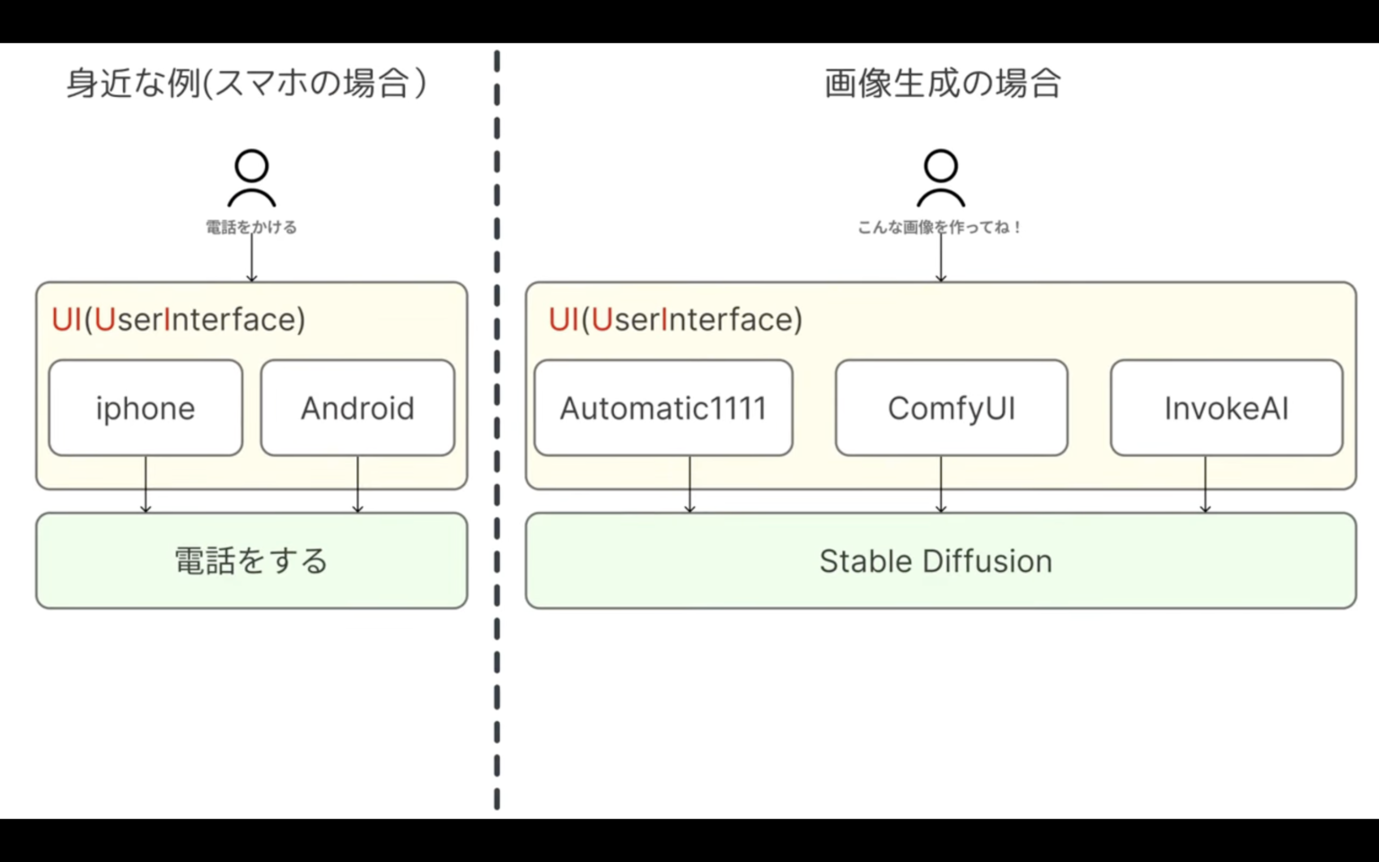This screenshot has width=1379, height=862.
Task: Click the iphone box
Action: coord(145,408)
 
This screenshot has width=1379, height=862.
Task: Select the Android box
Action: coord(357,408)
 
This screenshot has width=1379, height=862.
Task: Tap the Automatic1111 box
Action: coord(663,408)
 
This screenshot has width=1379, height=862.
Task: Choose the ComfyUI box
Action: coord(951,408)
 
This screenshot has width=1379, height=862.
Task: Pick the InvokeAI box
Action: coord(1225,408)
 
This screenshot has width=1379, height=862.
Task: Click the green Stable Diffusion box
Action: coord(940,560)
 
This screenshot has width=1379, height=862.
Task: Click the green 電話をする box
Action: coord(251,560)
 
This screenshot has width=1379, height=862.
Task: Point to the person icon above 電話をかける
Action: coord(251,178)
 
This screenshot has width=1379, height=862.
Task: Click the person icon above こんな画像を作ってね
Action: coord(940,178)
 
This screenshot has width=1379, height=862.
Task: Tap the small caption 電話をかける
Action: coord(251,227)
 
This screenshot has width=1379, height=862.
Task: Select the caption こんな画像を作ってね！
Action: coord(940,227)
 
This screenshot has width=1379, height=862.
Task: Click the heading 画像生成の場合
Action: coord(942,84)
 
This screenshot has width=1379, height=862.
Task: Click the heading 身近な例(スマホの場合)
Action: coord(246,84)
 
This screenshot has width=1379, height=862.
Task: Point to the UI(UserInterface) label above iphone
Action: coord(178,320)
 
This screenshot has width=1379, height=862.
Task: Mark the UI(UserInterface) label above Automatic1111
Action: coord(675,320)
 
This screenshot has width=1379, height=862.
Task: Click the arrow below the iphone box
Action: coord(145,485)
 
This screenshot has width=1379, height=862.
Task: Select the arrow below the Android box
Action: coord(357,485)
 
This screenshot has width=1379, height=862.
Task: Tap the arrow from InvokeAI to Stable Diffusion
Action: coord(1205,485)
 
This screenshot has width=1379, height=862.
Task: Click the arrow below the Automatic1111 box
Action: coord(689,485)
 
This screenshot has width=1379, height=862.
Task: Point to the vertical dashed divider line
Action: coord(496,431)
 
